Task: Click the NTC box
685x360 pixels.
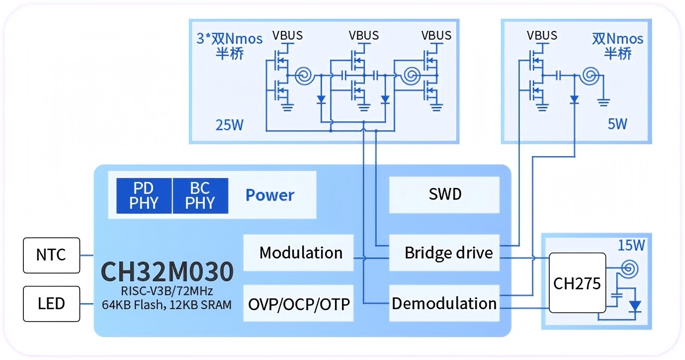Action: coord(52,255)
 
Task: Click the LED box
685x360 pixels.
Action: coord(52,303)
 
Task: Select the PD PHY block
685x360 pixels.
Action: coord(144,196)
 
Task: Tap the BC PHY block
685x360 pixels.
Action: coord(200,196)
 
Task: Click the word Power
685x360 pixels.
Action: coord(270,195)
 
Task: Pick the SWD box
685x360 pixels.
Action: coord(444,194)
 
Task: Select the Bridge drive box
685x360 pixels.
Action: coord(444,253)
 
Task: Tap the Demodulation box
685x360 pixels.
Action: coord(444,303)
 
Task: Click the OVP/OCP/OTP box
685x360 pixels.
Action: coord(299,303)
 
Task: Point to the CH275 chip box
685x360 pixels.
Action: coord(577,283)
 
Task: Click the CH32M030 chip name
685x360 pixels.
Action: coord(167,272)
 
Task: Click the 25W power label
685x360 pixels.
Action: coord(230,124)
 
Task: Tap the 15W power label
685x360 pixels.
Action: coord(631,245)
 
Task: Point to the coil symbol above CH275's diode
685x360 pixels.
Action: coord(628,269)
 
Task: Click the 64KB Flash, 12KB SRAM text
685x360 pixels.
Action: coord(167,305)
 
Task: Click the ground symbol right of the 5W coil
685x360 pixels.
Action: coord(603,102)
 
